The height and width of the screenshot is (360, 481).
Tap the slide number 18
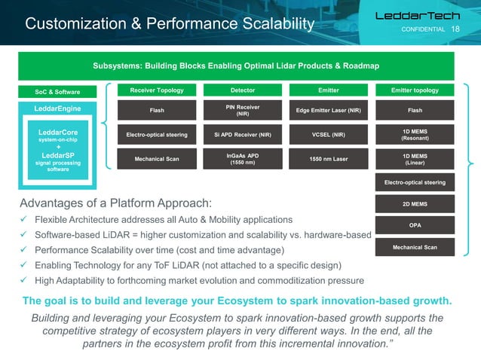tap(455, 29)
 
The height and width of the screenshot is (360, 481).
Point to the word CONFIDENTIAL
tap(422, 29)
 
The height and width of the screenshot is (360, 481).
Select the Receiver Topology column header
tap(157, 90)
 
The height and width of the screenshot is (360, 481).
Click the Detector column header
tap(242, 90)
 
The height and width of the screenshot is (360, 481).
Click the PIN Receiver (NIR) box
tap(242, 111)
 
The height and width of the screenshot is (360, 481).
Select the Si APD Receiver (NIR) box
tap(242, 136)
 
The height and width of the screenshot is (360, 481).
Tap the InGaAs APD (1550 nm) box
tap(242, 159)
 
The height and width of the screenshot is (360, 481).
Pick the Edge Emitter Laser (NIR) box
tap(328, 111)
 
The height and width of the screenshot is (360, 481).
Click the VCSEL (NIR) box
tap(328, 136)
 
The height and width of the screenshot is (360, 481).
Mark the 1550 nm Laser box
tap(328, 159)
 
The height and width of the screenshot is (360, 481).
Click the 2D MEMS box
tap(415, 203)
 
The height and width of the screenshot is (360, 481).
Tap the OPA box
tap(415, 224)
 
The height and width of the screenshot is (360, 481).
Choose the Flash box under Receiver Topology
tap(157, 111)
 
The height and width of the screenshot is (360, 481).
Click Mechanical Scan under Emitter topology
tap(415, 247)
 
